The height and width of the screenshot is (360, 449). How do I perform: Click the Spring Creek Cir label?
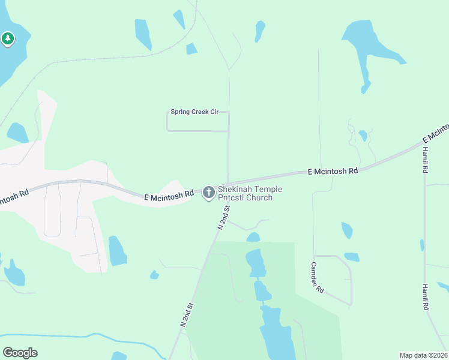click(194, 112)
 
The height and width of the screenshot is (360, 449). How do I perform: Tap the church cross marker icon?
click(209, 193)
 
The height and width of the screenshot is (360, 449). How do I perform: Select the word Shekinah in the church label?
click(236, 190)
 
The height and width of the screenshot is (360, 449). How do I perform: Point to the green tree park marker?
click(7, 40)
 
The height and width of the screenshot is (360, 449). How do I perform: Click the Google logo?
click(20, 353)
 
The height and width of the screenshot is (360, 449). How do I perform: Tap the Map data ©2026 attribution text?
click(423, 355)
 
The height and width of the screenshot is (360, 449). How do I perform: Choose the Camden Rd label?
click(318, 277)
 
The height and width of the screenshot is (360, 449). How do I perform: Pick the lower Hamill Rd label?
click(425, 297)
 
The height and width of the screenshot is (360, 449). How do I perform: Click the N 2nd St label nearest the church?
click(223, 217)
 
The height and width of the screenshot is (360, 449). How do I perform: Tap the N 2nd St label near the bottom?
click(187, 314)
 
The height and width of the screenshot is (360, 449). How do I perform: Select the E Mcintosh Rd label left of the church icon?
click(169, 195)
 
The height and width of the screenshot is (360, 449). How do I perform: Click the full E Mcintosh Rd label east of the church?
click(333, 171)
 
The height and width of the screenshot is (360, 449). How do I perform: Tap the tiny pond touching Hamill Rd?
click(422, 245)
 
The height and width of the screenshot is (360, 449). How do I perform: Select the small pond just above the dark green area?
click(253, 237)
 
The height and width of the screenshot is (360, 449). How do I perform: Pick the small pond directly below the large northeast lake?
click(363, 135)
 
